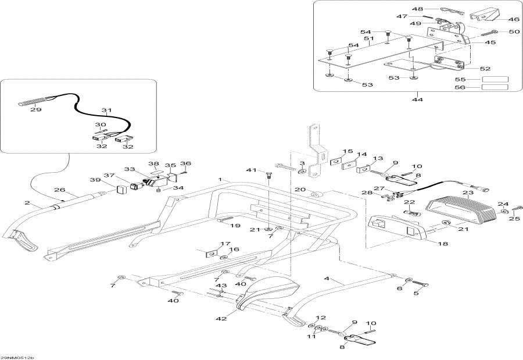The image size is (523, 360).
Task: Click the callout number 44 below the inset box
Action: click(x=417, y=99)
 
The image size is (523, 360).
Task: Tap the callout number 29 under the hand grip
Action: click(x=35, y=109)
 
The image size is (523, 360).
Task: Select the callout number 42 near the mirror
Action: click(x=221, y=319)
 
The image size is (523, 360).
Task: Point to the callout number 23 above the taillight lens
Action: click(x=468, y=193)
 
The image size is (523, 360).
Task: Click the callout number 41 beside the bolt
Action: click(x=251, y=170)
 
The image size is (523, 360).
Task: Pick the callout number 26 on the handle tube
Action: click(x=60, y=190)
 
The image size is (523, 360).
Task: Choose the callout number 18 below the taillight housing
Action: click(x=443, y=244)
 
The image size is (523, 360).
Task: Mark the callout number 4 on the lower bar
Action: click(x=327, y=278)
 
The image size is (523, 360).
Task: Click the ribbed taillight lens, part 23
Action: click(x=461, y=210)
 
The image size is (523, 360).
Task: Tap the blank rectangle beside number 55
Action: click(x=495, y=80)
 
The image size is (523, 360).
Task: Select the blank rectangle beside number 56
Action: click(x=495, y=87)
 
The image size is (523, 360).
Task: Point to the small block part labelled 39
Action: click(x=121, y=190)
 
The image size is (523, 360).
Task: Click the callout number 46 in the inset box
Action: click(x=514, y=19)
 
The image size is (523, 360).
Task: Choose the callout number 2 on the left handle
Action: click(x=27, y=203)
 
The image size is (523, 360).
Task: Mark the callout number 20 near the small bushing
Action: click(x=300, y=190)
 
